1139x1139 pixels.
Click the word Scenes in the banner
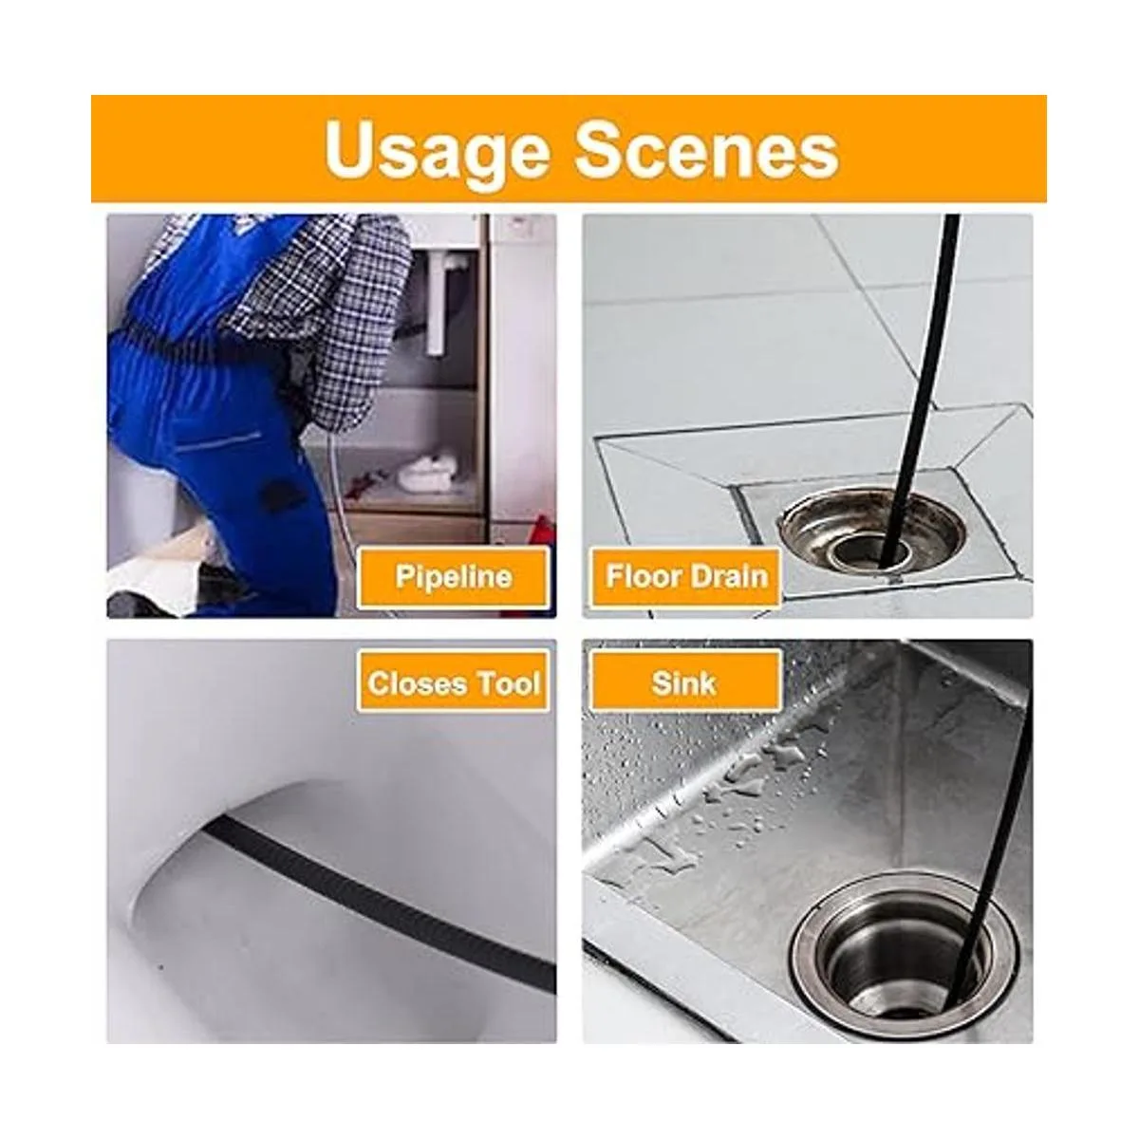tap(707, 148)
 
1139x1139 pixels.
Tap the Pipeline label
tap(454, 577)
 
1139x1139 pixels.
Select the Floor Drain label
tap(686, 577)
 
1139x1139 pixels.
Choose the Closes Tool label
tap(454, 683)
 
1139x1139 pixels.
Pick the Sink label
tap(685, 683)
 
